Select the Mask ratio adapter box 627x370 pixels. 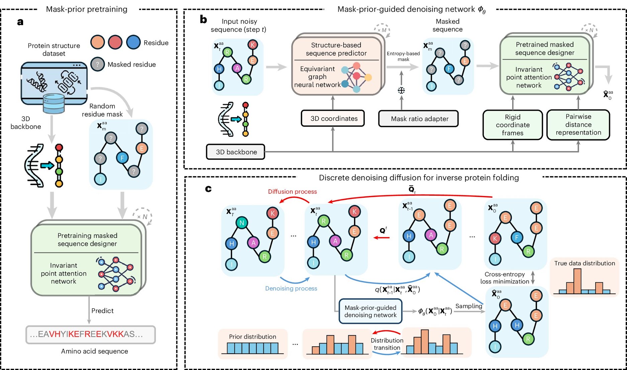click(x=418, y=119)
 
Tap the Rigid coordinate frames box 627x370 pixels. click(x=513, y=125)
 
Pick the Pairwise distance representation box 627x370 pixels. click(x=578, y=125)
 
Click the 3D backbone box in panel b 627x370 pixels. click(x=236, y=152)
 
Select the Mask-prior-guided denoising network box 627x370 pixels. click(x=370, y=311)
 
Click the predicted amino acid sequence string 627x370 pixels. click(x=91, y=335)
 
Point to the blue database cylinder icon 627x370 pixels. click(x=54, y=103)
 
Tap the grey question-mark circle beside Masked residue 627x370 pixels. click(x=97, y=64)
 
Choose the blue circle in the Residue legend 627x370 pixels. click(x=133, y=42)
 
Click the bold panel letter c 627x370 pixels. click(x=208, y=189)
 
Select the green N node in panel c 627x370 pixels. click(x=242, y=223)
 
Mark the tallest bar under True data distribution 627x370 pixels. click(x=577, y=281)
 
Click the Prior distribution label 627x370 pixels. click(x=253, y=337)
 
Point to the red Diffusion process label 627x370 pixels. click(x=292, y=191)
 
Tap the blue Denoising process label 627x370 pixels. click(x=291, y=288)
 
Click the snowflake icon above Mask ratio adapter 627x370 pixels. click(x=401, y=90)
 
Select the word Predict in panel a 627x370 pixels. click(x=102, y=310)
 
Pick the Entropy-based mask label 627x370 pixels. click(x=403, y=56)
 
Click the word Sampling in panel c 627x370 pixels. click(x=469, y=306)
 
